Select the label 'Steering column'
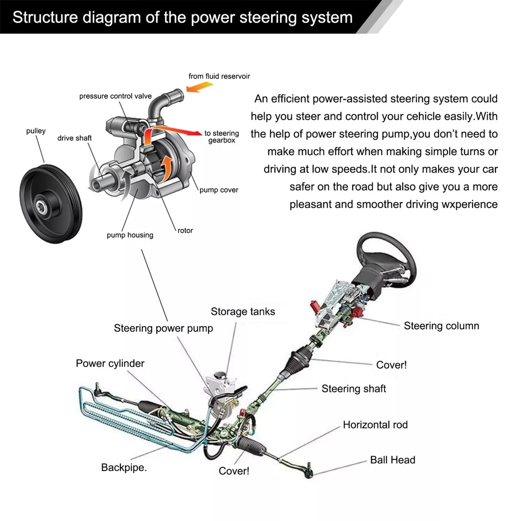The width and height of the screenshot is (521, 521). point(441,326)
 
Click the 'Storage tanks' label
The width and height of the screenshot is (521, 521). point(243,312)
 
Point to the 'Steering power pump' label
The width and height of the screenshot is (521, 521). point(163,328)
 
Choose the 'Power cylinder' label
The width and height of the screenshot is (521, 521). point(110,364)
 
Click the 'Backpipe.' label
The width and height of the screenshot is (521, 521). point(124,467)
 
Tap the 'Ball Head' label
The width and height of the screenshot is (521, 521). point(392,460)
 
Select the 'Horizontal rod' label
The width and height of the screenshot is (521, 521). point(375,425)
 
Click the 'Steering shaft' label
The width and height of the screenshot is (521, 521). point(354,389)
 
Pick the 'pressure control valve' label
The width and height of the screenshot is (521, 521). point(116,96)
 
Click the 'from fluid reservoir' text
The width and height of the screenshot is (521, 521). point(219,76)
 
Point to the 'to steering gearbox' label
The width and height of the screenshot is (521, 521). point(221,137)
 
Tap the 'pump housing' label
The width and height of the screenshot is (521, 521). point(130,235)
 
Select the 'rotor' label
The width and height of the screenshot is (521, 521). point(185,230)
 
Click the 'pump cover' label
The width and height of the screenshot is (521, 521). point(219,190)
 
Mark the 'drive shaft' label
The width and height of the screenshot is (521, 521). point(75,138)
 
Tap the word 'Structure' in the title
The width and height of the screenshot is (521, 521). point(42,17)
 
